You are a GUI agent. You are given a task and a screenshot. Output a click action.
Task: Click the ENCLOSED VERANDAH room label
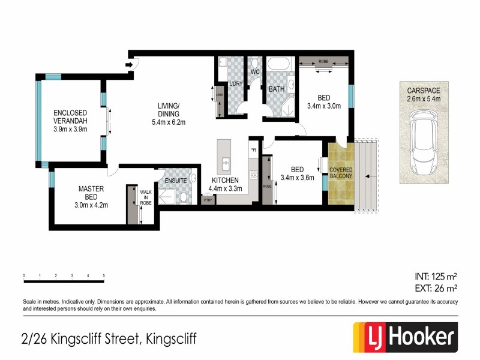tap(70, 120)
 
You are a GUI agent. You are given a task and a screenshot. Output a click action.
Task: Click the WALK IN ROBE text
tap(146, 197)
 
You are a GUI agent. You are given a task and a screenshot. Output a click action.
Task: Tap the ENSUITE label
tap(176, 180)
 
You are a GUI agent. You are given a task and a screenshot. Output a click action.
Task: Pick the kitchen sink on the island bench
tap(226, 162)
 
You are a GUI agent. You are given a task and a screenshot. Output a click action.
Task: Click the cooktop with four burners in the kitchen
tap(253, 175)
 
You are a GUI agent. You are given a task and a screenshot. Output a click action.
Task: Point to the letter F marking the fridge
tap(253, 149)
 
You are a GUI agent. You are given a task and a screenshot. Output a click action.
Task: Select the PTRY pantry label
tap(208, 200)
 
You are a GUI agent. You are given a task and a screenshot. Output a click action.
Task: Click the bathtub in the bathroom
tap(277, 64)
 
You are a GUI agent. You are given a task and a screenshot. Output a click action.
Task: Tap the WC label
tap(254, 72)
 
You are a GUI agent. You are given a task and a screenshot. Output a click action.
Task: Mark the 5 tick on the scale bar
tap(104, 276)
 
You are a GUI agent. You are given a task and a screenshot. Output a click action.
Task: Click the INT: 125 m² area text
tap(436, 277)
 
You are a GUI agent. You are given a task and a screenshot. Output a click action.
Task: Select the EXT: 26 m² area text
tap(436, 288)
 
